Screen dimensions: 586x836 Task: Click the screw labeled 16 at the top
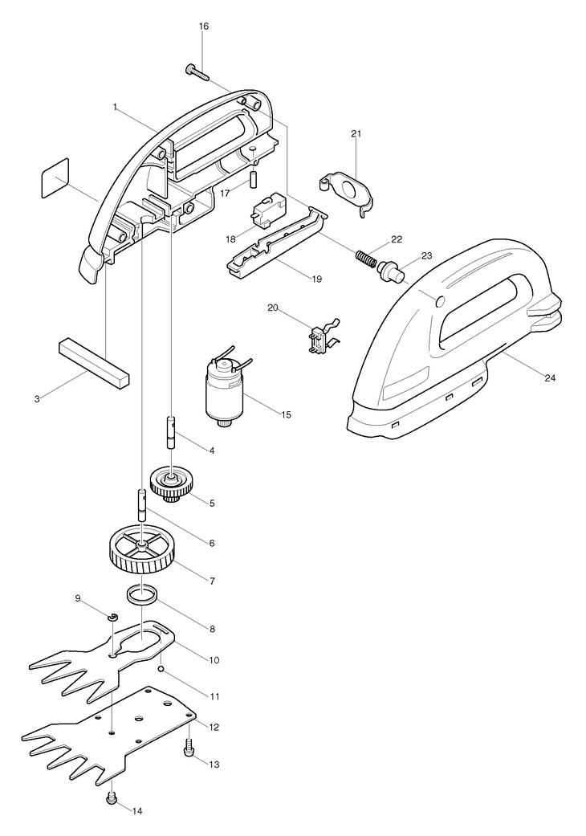click(197, 72)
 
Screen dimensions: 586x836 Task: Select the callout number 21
click(356, 134)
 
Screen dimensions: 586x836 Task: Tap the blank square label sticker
click(55, 177)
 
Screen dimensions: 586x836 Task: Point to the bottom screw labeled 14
click(112, 797)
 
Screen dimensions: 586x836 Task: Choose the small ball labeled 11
click(160, 669)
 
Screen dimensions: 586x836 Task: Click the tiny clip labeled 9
click(112, 618)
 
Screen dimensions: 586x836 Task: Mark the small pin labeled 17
click(254, 177)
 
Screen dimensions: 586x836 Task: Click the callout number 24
click(550, 377)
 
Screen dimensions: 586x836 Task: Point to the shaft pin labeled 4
click(171, 432)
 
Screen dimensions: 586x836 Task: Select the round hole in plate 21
click(349, 190)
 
